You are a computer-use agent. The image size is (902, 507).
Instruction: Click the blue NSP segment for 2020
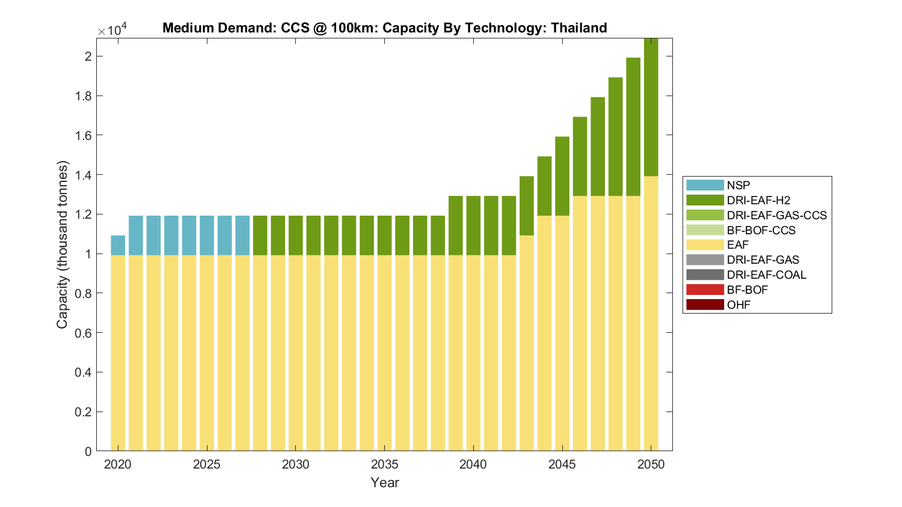pyautogui.click(x=118, y=245)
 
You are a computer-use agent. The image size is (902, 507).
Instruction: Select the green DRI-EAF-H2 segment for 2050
pyautogui.click(x=651, y=107)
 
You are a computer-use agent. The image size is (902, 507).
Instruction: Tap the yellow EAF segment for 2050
pyautogui.click(x=651, y=312)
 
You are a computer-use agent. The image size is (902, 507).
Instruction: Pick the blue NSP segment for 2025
pyautogui.click(x=207, y=235)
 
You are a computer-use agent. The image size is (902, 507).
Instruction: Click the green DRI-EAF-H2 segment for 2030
pyautogui.click(x=295, y=235)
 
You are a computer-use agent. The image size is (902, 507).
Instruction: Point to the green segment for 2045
pyautogui.click(x=562, y=176)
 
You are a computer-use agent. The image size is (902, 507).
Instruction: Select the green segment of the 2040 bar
pyautogui.click(x=473, y=225)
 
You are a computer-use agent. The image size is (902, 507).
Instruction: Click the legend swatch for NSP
pyautogui.click(x=705, y=185)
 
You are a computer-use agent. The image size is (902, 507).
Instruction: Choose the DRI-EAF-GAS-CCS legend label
pyautogui.click(x=776, y=215)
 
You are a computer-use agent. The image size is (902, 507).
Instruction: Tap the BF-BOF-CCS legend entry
pyautogui.click(x=761, y=230)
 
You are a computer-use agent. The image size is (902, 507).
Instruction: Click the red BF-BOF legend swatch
pyautogui.click(x=705, y=290)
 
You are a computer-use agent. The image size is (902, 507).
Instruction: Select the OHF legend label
pyautogui.click(x=738, y=305)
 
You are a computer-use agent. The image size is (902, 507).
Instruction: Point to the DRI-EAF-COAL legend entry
pyautogui.click(x=766, y=275)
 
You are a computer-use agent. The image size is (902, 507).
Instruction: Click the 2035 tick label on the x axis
pyautogui.click(x=384, y=464)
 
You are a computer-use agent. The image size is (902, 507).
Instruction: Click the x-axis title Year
pyautogui.click(x=384, y=482)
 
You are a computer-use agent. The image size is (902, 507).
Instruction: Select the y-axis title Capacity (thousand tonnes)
pyautogui.click(x=63, y=244)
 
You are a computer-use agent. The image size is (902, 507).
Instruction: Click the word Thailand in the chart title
pyautogui.click(x=578, y=28)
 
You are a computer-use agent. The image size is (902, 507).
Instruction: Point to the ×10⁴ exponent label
pyautogui.click(x=112, y=29)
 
